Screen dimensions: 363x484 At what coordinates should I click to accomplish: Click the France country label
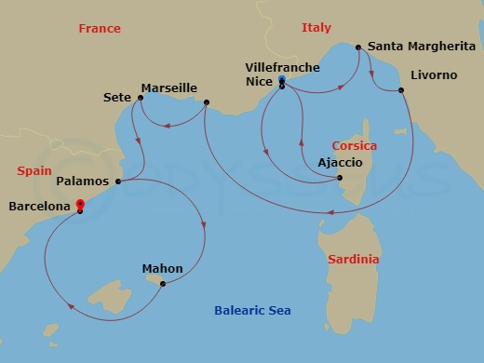pyautogui.click(x=100, y=29)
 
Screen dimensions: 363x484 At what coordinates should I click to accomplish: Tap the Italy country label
pyautogui.click(x=316, y=28)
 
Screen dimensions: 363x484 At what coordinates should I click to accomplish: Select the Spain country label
pyautogui.click(x=34, y=171)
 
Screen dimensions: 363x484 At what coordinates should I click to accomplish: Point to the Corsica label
pyautogui.click(x=355, y=146)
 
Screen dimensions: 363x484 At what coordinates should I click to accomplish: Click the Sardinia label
pyautogui.click(x=354, y=260)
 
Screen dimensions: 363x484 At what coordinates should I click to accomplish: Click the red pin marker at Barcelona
pyautogui.click(x=80, y=205)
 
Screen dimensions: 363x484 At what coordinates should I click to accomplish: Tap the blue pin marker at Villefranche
pyautogui.click(x=281, y=80)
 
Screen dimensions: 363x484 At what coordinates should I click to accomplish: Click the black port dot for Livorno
pyautogui.click(x=401, y=90)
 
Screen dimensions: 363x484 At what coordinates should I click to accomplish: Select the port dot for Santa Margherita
pyautogui.click(x=359, y=46)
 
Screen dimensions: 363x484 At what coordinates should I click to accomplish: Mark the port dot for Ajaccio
pyautogui.click(x=340, y=178)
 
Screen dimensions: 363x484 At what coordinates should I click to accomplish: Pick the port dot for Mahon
pyautogui.click(x=163, y=284)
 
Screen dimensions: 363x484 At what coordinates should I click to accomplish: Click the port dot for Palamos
pyautogui.click(x=118, y=181)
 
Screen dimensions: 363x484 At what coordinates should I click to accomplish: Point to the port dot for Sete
pyautogui.click(x=140, y=97)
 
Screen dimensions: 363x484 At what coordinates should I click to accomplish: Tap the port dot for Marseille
pyautogui.click(x=206, y=102)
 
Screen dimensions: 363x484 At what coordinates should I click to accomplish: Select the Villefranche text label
pyautogui.click(x=282, y=68)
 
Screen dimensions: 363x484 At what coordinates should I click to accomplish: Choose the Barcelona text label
pyautogui.click(x=40, y=208)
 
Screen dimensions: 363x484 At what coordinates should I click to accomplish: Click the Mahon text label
pyautogui.click(x=162, y=269)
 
